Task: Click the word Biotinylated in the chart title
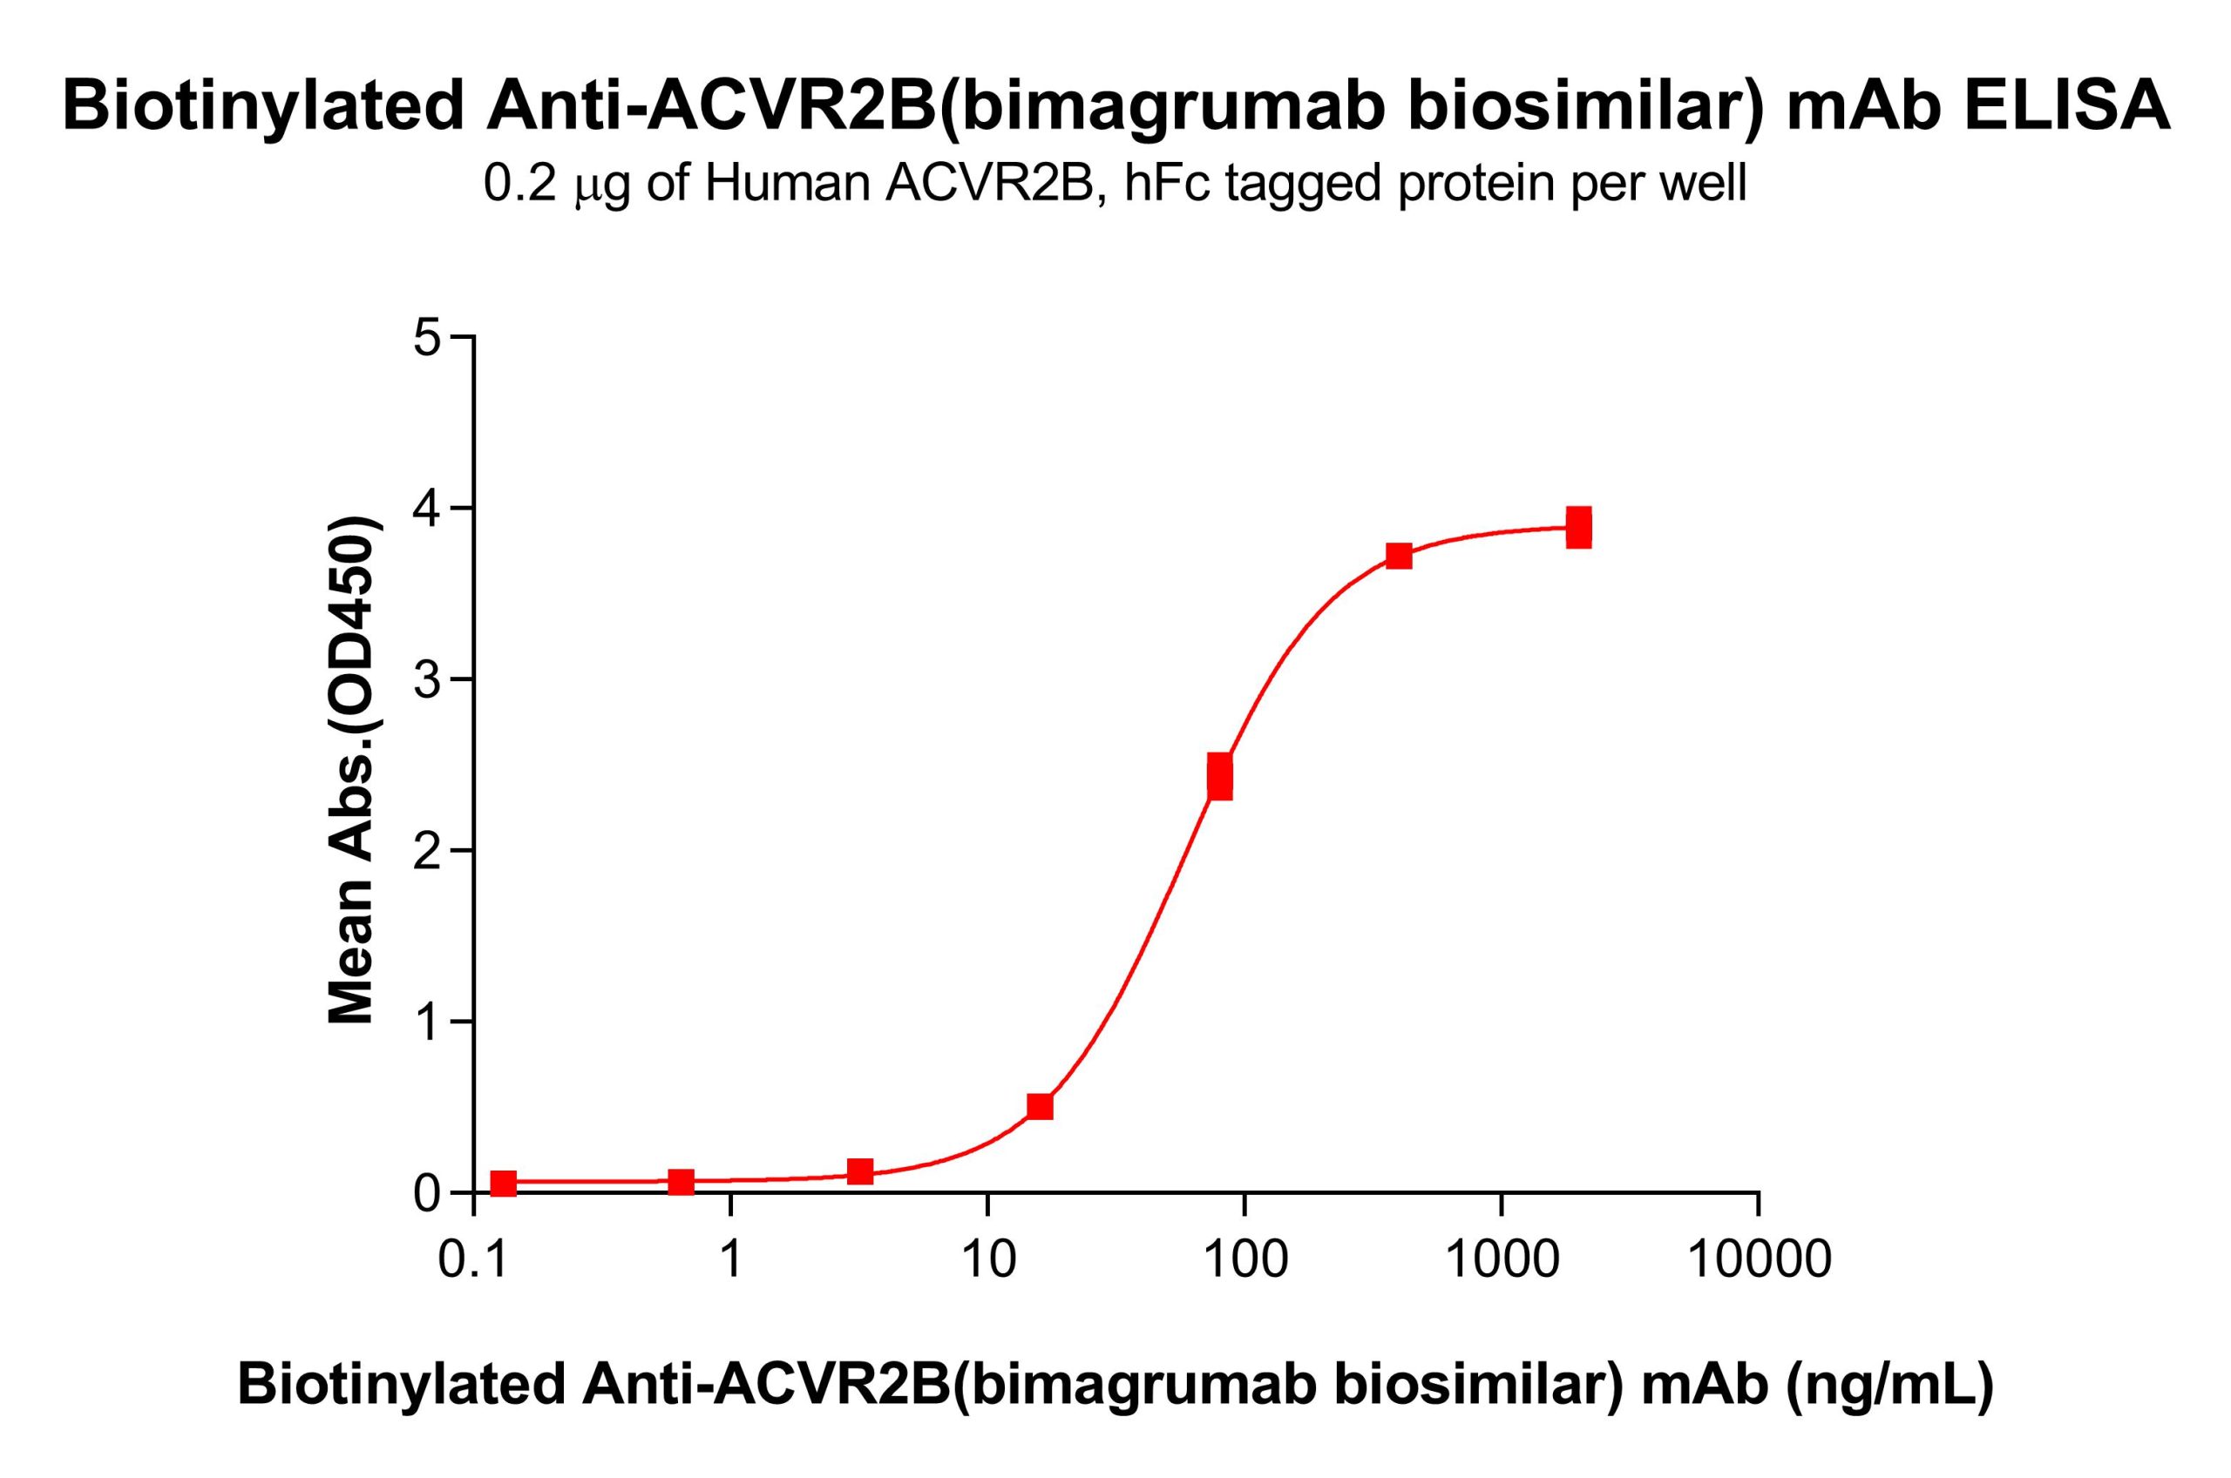[263, 105]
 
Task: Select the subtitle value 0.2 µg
[556, 185]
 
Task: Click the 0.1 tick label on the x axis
[473, 1260]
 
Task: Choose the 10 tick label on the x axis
[987, 1260]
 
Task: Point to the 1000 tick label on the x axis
[1502, 1260]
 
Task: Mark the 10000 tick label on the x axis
[1758, 1260]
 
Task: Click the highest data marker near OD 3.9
[1579, 527]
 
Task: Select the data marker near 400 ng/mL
[1400, 557]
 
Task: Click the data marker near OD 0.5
[1040, 1107]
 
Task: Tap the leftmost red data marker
[504, 1184]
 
